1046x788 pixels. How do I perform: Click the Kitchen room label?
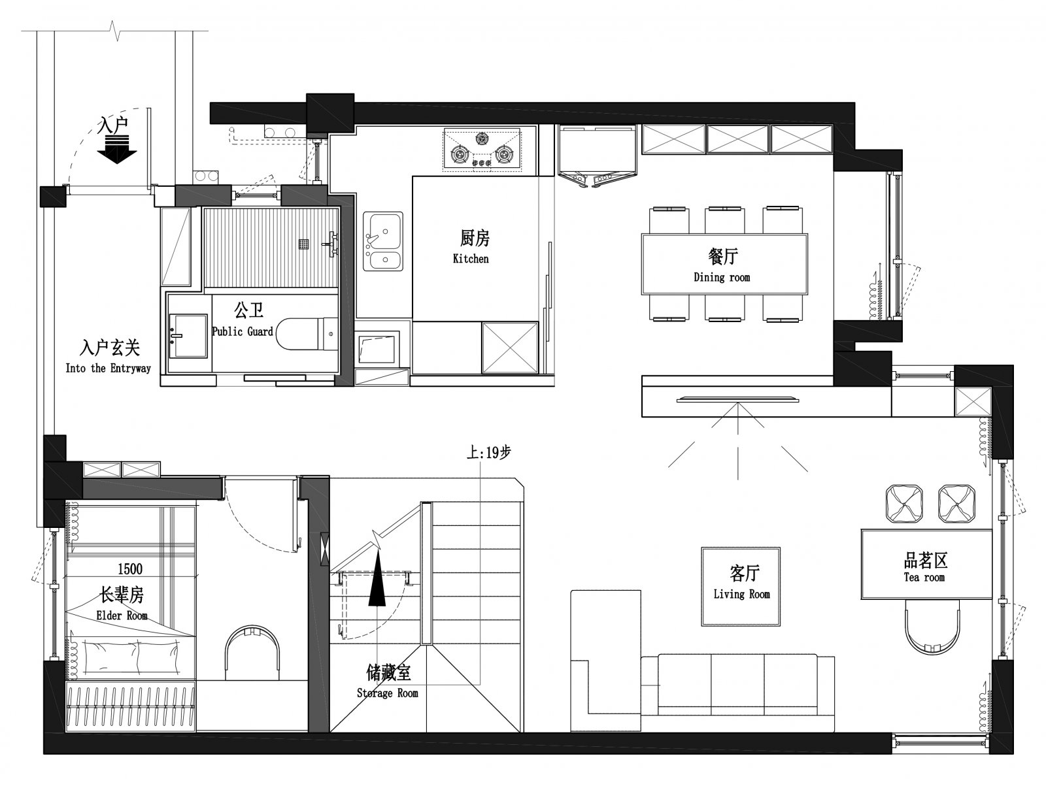point(470,259)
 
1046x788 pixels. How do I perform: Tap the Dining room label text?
point(722,277)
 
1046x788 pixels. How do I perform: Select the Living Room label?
point(741,594)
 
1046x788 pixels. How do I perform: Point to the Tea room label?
point(924,577)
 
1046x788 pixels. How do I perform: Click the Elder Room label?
point(122,615)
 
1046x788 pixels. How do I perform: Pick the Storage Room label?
point(388,693)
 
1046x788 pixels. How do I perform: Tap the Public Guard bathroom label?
point(243,331)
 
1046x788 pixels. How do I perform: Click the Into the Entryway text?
point(108,368)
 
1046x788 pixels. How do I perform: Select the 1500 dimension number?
point(130,568)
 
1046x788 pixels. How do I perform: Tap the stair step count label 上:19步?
point(488,452)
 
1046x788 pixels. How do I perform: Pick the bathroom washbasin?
point(188,336)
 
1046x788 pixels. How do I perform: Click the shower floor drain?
point(304,244)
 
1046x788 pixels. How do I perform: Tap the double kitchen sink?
point(382,241)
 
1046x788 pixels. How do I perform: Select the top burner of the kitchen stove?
point(482,139)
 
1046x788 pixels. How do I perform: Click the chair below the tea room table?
point(932,626)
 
